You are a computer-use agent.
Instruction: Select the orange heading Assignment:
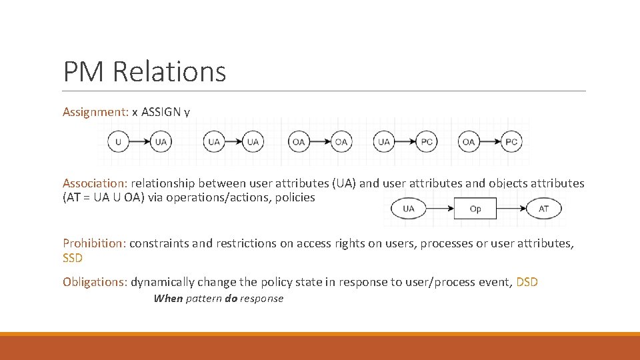(95, 112)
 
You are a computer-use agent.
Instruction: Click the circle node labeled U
(118, 141)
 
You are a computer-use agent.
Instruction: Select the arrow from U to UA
(139, 141)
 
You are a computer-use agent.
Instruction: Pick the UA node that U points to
(161, 141)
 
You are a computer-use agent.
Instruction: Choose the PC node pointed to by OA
(511, 141)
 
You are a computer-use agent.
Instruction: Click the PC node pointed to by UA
(426, 141)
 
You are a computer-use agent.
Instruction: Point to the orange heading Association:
(95, 183)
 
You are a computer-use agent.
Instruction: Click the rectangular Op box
(475, 209)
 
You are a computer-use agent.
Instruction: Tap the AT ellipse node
(544, 209)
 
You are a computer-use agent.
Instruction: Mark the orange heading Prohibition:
(94, 243)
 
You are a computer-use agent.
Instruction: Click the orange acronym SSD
(73, 257)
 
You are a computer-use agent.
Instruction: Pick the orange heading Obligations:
(95, 282)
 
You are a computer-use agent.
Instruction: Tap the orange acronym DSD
(527, 282)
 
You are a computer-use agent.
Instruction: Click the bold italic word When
(168, 299)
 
